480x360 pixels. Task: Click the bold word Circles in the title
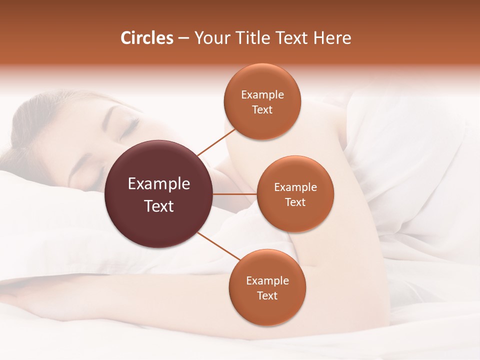tap(147, 38)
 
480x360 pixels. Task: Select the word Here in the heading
tap(332, 38)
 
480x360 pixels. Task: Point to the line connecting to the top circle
tap(216, 142)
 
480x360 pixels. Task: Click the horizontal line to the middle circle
tap(234, 194)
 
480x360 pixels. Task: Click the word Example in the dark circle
tap(159, 184)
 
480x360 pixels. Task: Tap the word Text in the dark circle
tap(159, 206)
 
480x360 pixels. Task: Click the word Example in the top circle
tap(262, 94)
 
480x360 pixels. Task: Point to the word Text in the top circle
tap(262, 109)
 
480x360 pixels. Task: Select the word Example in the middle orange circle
tap(295, 187)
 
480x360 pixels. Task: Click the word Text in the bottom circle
tap(267, 295)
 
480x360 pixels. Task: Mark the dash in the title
tap(183, 38)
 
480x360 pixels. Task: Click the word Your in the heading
tap(210, 38)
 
